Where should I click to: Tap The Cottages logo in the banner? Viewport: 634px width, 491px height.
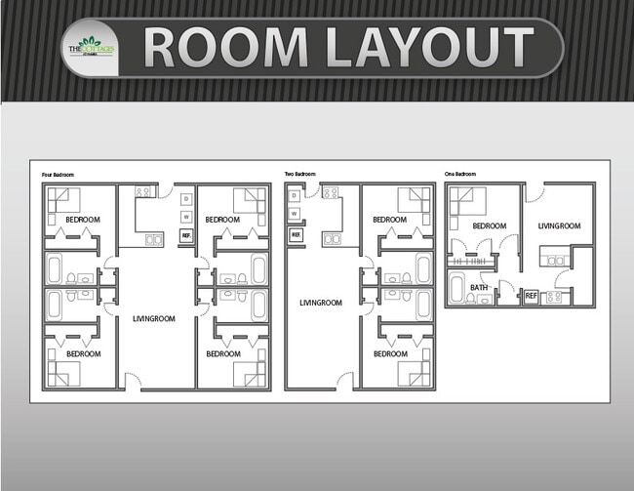(x=91, y=47)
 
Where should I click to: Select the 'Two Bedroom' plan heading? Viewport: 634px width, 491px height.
(x=299, y=175)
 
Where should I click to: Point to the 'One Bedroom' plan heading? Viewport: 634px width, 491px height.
(x=459, y=175)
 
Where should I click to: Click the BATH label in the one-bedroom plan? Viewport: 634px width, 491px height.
(x=479, y=287)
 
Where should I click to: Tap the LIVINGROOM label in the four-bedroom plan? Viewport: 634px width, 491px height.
(x=153, y=317)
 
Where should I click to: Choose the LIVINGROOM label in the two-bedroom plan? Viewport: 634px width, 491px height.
(x=321, y=303)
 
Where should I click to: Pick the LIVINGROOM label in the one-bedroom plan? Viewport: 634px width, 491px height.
(x=559, y=226)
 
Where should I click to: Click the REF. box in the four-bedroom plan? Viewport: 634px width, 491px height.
(x=185, y=235)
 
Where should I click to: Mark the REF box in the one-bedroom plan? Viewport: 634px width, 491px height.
(x=532, y=295)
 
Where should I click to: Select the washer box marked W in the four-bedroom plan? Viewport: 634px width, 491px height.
(x=185, y=217)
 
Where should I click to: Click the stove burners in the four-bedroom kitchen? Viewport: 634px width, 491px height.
(x=141, y=192)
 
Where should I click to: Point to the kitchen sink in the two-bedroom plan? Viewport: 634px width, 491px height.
(x=332, y=237)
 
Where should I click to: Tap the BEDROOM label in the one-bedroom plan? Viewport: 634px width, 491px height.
(x=489, y=226)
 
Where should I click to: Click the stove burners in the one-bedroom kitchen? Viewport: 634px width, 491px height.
(x=555, y=296)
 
